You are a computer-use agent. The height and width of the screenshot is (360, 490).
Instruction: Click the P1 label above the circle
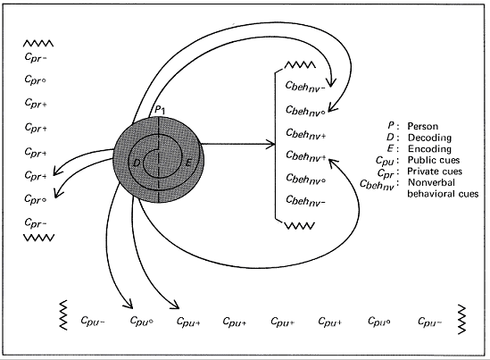pyautogui.click(x=158, y=109)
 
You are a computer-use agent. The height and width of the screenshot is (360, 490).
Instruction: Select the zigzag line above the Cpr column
pyautogui.click(x=38, y=42)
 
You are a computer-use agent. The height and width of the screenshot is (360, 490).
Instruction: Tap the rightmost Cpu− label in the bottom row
pyautogui.click(x=428, y=321)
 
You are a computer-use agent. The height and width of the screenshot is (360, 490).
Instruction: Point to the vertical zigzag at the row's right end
pyautogui.click(x=462, y=317)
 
